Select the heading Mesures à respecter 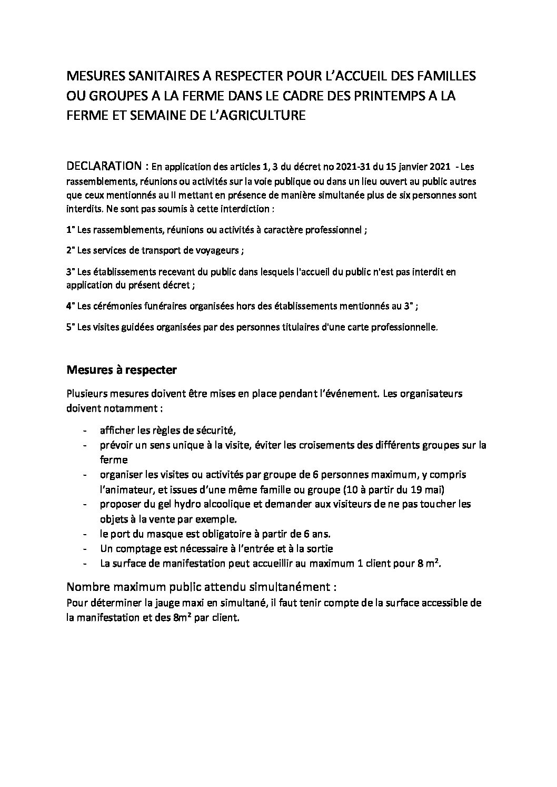point(122,370)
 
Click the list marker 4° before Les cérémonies point(70,305)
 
